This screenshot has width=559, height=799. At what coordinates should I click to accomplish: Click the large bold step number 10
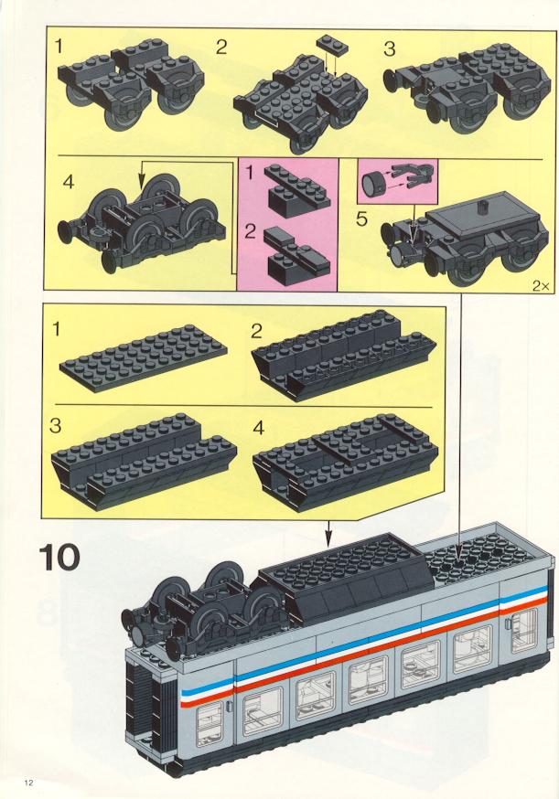tap(59, 558)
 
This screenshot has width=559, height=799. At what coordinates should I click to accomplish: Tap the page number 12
tap(28, 783)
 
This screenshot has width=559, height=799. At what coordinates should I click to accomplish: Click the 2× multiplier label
tap(541, 285)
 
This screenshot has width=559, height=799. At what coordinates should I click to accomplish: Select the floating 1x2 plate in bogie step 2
tap(332, 44)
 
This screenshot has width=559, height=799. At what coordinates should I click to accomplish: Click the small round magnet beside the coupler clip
tap(372, 182)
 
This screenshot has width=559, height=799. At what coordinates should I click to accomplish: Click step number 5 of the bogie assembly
tap(361, 219)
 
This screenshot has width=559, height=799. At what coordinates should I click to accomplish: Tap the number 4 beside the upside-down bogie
tap(69, 181)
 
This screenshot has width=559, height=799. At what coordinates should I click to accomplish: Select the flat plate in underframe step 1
tap(144, 353)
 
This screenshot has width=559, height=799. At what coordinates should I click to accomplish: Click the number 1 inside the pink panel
tap(249, 174)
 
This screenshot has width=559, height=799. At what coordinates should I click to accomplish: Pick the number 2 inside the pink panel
tap(250, 231)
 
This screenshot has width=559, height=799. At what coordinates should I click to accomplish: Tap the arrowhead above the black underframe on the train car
tap(329, 537)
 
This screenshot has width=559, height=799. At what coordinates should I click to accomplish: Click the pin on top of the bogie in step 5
tap(481, 207)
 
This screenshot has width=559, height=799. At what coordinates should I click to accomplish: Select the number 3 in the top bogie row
tap(389, 49)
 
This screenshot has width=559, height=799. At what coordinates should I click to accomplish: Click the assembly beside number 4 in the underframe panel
tap(345, 461)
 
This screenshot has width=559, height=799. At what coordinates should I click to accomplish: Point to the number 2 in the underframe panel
tap(256, 331)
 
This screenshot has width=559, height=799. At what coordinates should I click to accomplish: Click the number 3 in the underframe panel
tap(56, 425)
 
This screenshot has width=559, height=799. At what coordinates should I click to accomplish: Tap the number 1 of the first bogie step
tap(59, 47)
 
